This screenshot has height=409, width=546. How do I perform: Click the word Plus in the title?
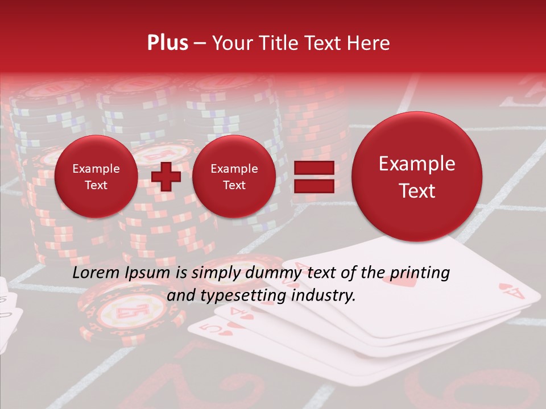point(168,43)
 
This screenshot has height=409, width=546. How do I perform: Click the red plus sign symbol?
point(166,177)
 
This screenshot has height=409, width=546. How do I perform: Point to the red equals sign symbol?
point(313,177)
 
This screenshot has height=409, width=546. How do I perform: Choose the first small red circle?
point(96,177)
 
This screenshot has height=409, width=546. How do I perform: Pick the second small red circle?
point(234,177)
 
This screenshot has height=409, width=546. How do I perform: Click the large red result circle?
point(417,177)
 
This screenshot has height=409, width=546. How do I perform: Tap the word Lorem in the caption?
point(97,273)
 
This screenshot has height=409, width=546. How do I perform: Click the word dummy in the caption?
point(274,273)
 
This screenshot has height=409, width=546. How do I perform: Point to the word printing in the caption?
point(416,273)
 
